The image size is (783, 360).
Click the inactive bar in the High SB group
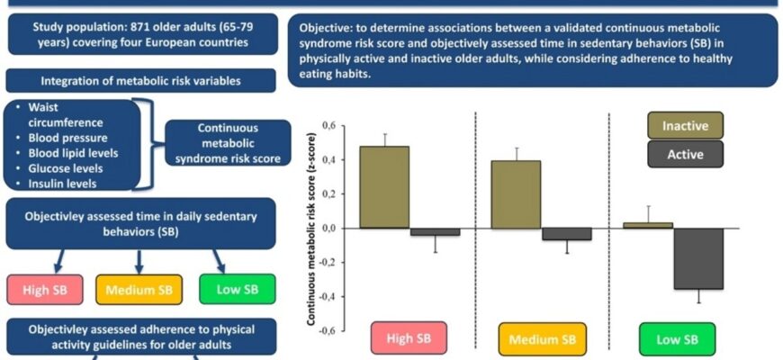pyautogui.click(x=384, y=187)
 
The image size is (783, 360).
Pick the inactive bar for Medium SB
pyautogui.click(x=516, y=194)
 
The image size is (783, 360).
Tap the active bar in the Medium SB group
pyautogui.click(x=567, y=234)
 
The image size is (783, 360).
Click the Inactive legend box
pyautogui.click(x=685, y=126)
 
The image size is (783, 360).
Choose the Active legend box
pyautogui.click(x=685, y=155)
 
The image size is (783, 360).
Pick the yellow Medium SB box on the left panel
pyautogui.click(x=139, y=291)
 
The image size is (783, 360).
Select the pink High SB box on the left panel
pyautogui.click(x=44, y=291)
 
